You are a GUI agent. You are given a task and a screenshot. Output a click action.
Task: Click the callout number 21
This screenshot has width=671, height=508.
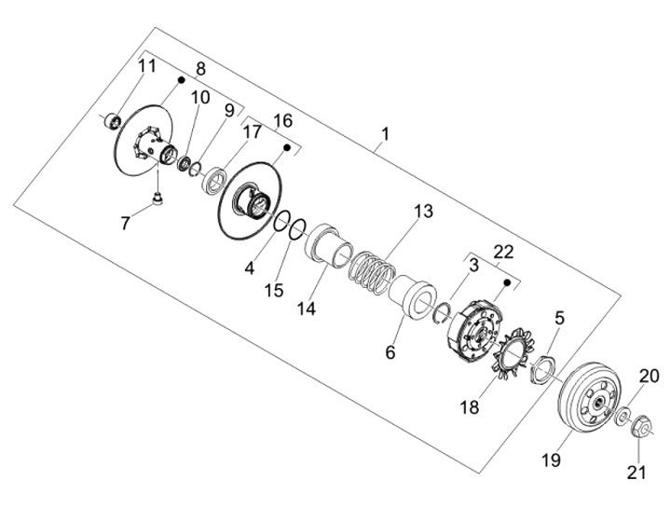click(x=636, y=472)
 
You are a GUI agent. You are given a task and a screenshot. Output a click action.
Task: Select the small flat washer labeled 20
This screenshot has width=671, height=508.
click(x=623, y=416)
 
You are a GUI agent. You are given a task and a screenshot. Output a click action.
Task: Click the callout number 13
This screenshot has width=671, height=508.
click(x=423, y=212)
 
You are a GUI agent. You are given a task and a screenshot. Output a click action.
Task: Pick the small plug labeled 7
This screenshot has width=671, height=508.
click(x=158, y=199)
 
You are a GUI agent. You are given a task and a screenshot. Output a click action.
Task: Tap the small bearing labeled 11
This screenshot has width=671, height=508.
click(x=112, y=120)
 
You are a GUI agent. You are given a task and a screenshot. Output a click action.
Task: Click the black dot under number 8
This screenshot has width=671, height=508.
click(x=181, y=79)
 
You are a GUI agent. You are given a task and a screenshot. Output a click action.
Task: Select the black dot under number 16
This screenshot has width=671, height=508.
click(x=287, y=147)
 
